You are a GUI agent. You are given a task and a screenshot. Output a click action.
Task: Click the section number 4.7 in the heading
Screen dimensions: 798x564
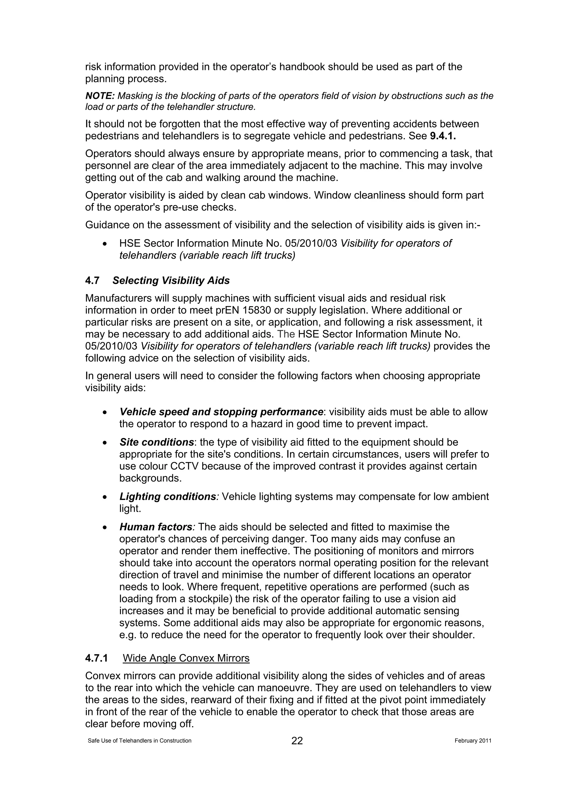tap(92, 281)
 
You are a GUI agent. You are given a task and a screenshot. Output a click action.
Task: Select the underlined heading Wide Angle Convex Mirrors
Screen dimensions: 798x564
tap(186, 658)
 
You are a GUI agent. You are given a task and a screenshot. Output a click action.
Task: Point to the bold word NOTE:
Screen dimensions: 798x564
tap(100, 96)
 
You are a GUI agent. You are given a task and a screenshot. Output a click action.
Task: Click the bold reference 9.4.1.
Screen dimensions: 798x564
tap(443, 136)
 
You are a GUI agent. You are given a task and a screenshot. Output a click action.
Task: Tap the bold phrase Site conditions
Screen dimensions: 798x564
tap(156, 442)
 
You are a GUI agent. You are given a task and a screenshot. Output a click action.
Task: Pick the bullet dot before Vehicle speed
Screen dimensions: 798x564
tap(105, 412)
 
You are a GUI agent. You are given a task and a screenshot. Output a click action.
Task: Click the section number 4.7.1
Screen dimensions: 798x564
tap(97, 658)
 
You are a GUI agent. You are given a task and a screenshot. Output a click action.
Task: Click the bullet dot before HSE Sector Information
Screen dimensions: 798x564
tap(105, 244)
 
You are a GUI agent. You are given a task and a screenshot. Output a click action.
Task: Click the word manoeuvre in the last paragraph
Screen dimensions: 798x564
tap(302, 688)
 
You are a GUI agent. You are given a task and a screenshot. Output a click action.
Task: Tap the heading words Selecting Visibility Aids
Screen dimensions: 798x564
tap(171, 281)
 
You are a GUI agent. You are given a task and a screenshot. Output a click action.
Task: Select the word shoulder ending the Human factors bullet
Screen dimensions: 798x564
tap(452, 635)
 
